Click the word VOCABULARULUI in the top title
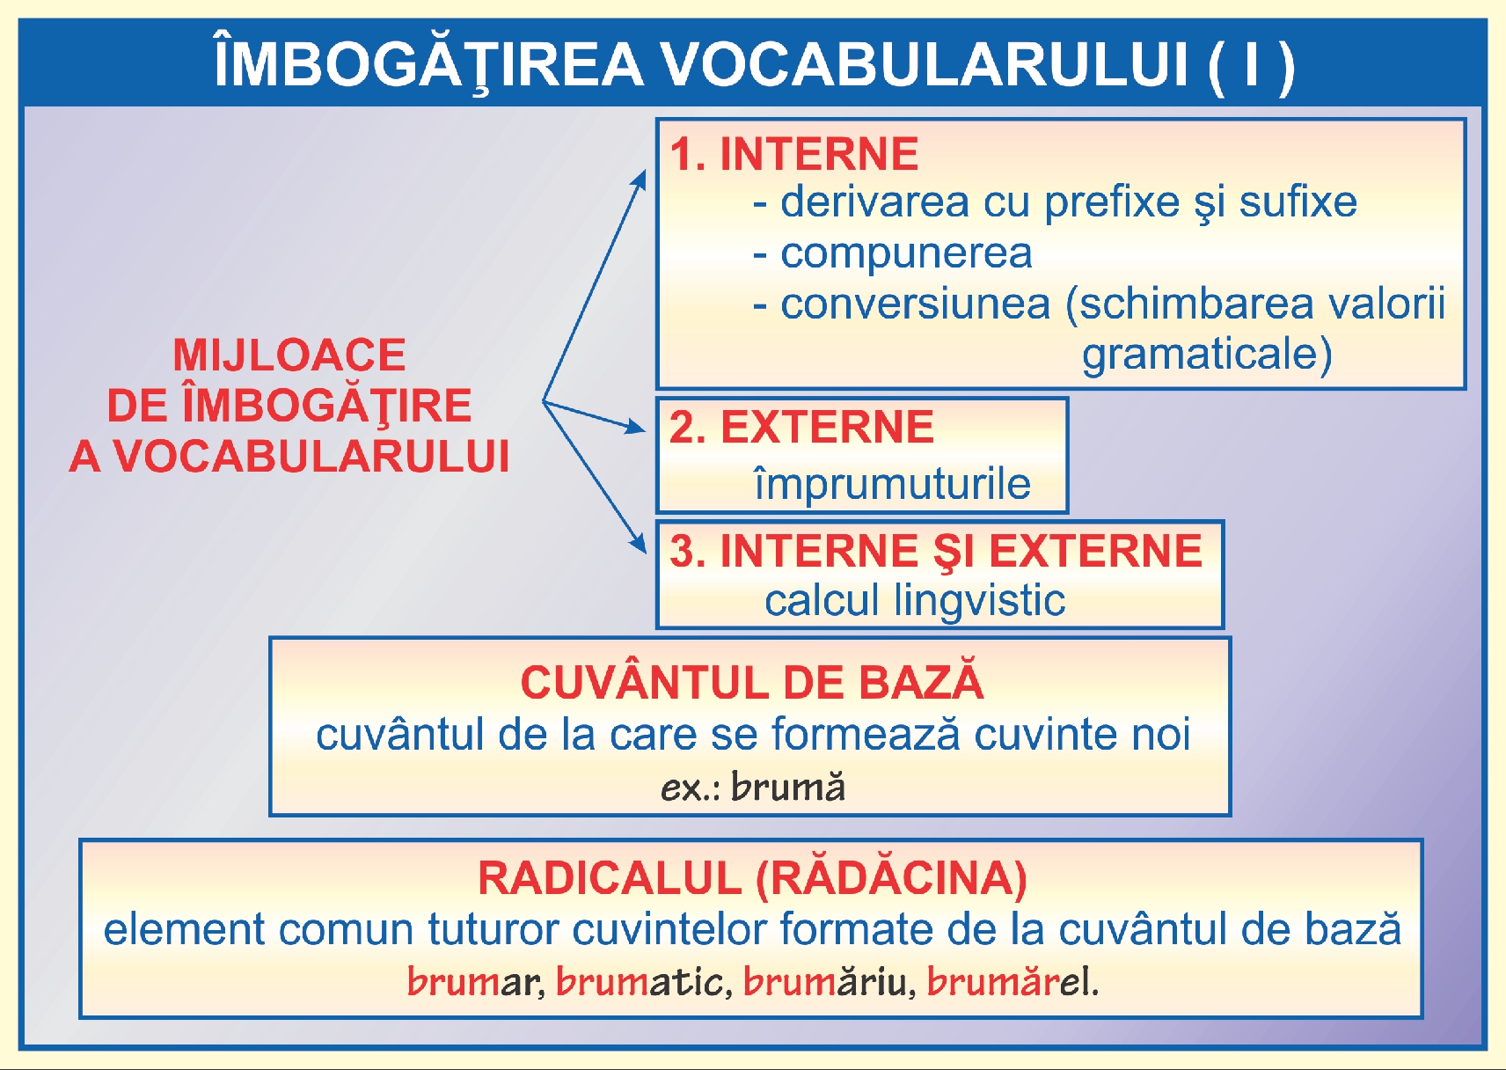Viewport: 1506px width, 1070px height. tap(924, 64)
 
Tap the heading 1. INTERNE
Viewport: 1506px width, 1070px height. tap(793, 154)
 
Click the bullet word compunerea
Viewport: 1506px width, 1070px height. tap(905, 253)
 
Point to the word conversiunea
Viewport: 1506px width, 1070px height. tap(915, 304)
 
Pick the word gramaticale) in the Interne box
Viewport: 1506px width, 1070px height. tap(1207, 355)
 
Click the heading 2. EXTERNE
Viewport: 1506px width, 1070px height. tap(801, 428)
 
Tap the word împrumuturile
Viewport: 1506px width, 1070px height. tap(892, 484)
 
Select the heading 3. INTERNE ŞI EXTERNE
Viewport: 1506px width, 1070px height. tap(934, 552)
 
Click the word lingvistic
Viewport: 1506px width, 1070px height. tap(979, 601)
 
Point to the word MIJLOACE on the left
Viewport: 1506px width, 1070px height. tap(289, 355)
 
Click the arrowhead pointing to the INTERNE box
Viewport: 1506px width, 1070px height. tap(640, 180)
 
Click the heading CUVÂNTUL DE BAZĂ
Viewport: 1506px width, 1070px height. tap(751, 683)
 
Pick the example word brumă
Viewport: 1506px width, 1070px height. tap(787, 787)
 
